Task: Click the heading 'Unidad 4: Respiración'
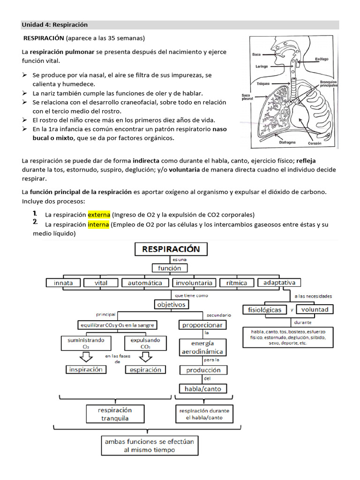(x=55, y=24)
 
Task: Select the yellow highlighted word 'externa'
(x=99, y=215)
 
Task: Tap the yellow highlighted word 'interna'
(x=98, y=225)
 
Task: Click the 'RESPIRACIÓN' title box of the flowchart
(x=171, y=249)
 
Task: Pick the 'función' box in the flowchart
(x=169, y=268)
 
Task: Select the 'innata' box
(x=63, y=283)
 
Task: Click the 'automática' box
(x=145, y=283)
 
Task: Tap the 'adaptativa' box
(x=279, y=283)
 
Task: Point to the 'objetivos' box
(x=172, y=304)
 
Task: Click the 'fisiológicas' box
(x=264, y=309)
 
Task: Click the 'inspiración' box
(x=86, y=369)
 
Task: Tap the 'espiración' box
(x=145, y=369)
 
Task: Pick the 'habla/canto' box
(x=202, y=389)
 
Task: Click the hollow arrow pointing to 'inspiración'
(x=86, y=357)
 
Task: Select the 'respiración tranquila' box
(x=115, y=414)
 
